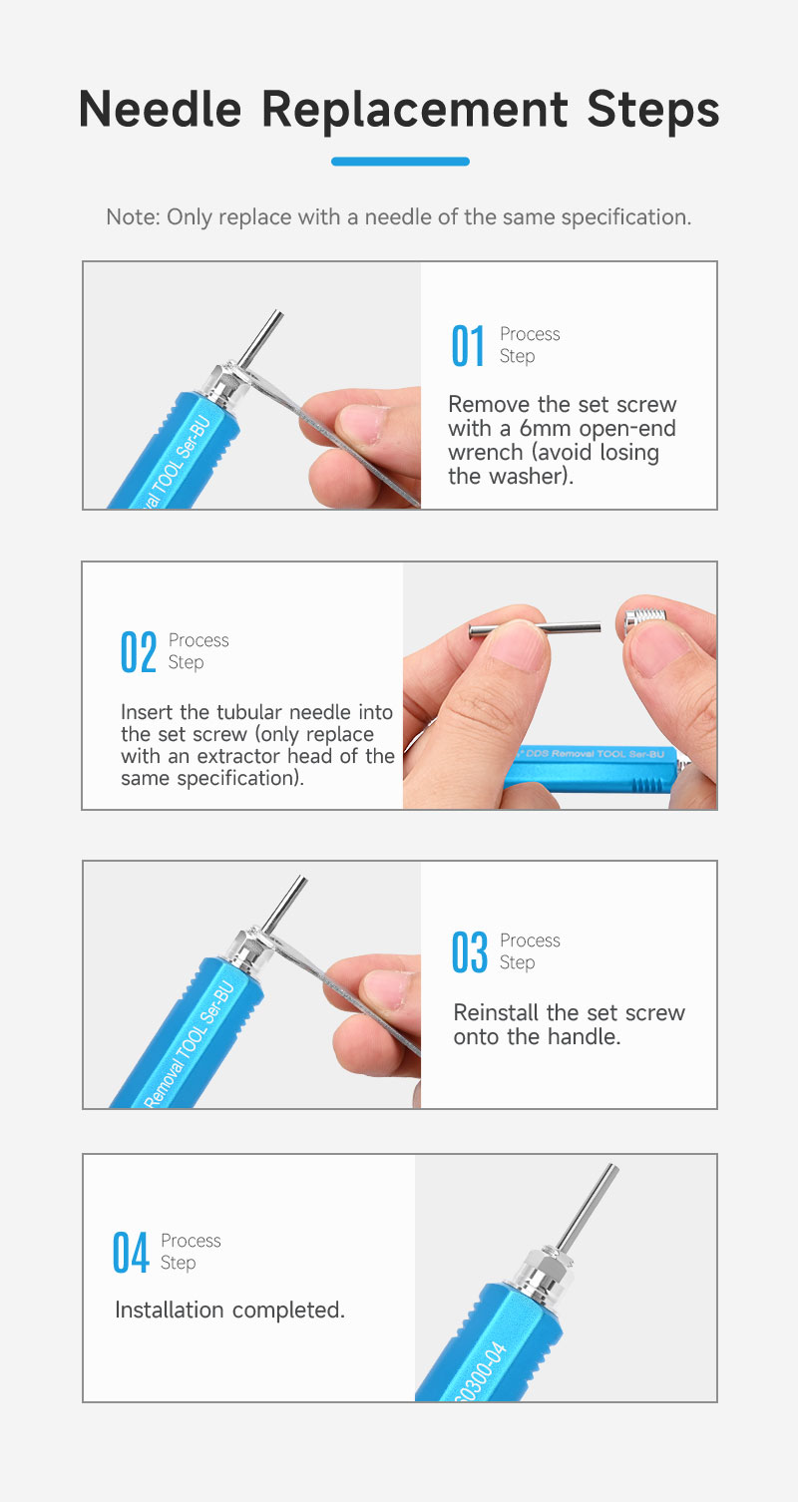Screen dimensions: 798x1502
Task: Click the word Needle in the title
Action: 160,109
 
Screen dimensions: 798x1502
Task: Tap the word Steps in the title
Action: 653,110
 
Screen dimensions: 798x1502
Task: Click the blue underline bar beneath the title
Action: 400,161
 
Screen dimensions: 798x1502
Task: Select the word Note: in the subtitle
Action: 133,217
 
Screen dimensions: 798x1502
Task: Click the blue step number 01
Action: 468,346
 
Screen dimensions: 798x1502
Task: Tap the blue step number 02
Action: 139,651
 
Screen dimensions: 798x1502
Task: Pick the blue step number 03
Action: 470,951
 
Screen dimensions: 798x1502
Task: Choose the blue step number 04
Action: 131,1252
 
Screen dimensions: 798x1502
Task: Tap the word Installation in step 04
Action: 169,1310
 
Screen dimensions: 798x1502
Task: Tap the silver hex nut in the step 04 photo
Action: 545,1270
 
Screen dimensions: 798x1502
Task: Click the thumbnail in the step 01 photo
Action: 364,424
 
